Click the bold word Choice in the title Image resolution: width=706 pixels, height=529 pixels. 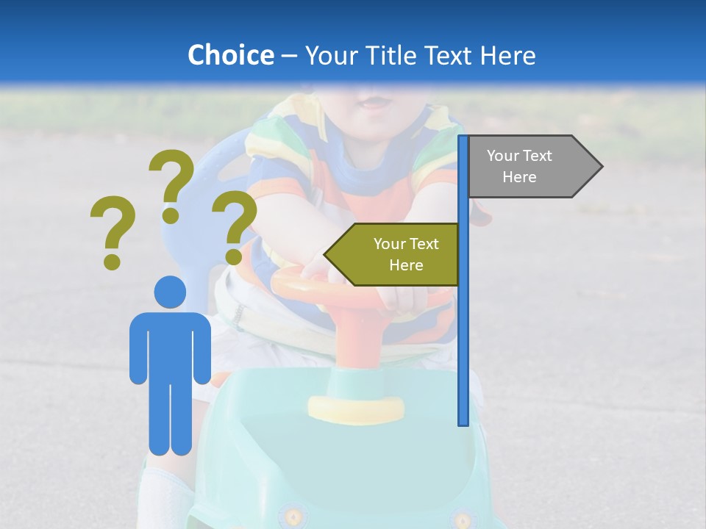230,55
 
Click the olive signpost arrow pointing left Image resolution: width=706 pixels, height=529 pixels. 393,254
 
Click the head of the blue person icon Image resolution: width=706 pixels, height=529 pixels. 170,292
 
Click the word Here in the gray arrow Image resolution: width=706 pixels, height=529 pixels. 519,177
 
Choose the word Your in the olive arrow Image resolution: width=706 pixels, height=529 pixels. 389,244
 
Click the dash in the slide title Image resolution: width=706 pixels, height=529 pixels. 289,56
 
